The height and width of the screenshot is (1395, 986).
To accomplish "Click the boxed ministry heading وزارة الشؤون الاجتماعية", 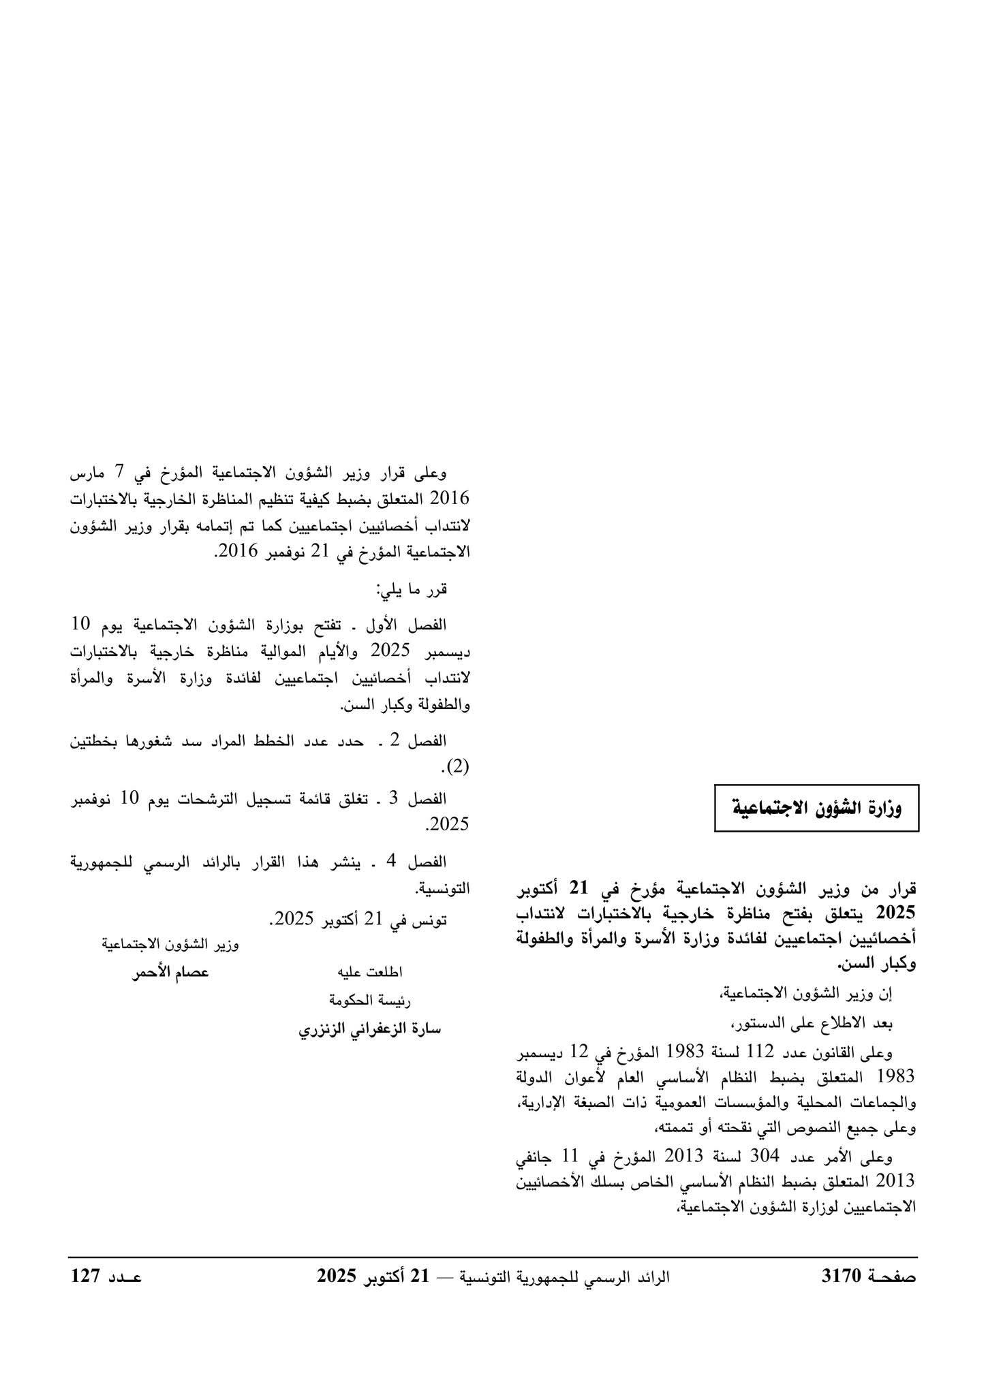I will [816, 809].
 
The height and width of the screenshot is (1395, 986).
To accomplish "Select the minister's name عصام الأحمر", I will [170, 973].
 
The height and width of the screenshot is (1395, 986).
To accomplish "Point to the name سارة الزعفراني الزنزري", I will [370, 1029].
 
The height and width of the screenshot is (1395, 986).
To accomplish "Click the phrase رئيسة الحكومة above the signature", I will [370, 1000].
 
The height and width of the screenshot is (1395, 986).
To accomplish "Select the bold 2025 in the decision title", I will [896, 912].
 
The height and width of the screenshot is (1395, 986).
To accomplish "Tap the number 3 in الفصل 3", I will [393, 798].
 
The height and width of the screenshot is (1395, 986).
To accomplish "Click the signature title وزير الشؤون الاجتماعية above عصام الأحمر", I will [170, 944].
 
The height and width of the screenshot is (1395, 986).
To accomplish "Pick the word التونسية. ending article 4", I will [442, 888].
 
